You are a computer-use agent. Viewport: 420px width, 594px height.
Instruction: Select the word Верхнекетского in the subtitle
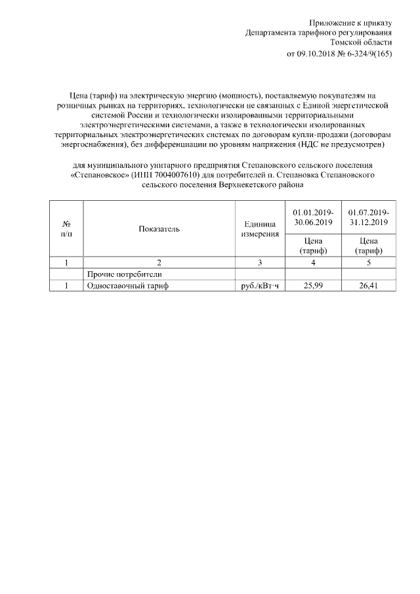coord(249,186)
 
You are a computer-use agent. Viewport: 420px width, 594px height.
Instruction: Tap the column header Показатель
coord(159,229)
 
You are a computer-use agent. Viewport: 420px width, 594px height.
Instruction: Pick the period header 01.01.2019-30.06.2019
coord(313,217)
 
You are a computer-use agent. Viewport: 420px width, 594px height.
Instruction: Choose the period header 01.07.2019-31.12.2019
coord(369,217)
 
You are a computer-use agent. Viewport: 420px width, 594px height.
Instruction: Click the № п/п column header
coord(66,229)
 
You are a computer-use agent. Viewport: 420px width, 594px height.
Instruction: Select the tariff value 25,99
coord(313,286)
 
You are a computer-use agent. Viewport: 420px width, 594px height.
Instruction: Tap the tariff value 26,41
coord(369,286)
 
